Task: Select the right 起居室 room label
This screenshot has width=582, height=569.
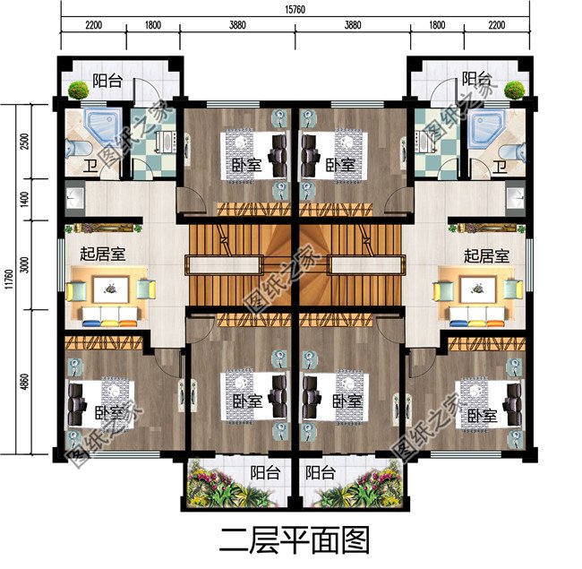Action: point(485,255)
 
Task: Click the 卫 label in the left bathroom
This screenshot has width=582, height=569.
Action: point(91,167)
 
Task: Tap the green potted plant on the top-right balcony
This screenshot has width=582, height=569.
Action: point(515,89)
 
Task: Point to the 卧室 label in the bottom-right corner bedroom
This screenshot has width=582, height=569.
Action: point(481,416)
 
